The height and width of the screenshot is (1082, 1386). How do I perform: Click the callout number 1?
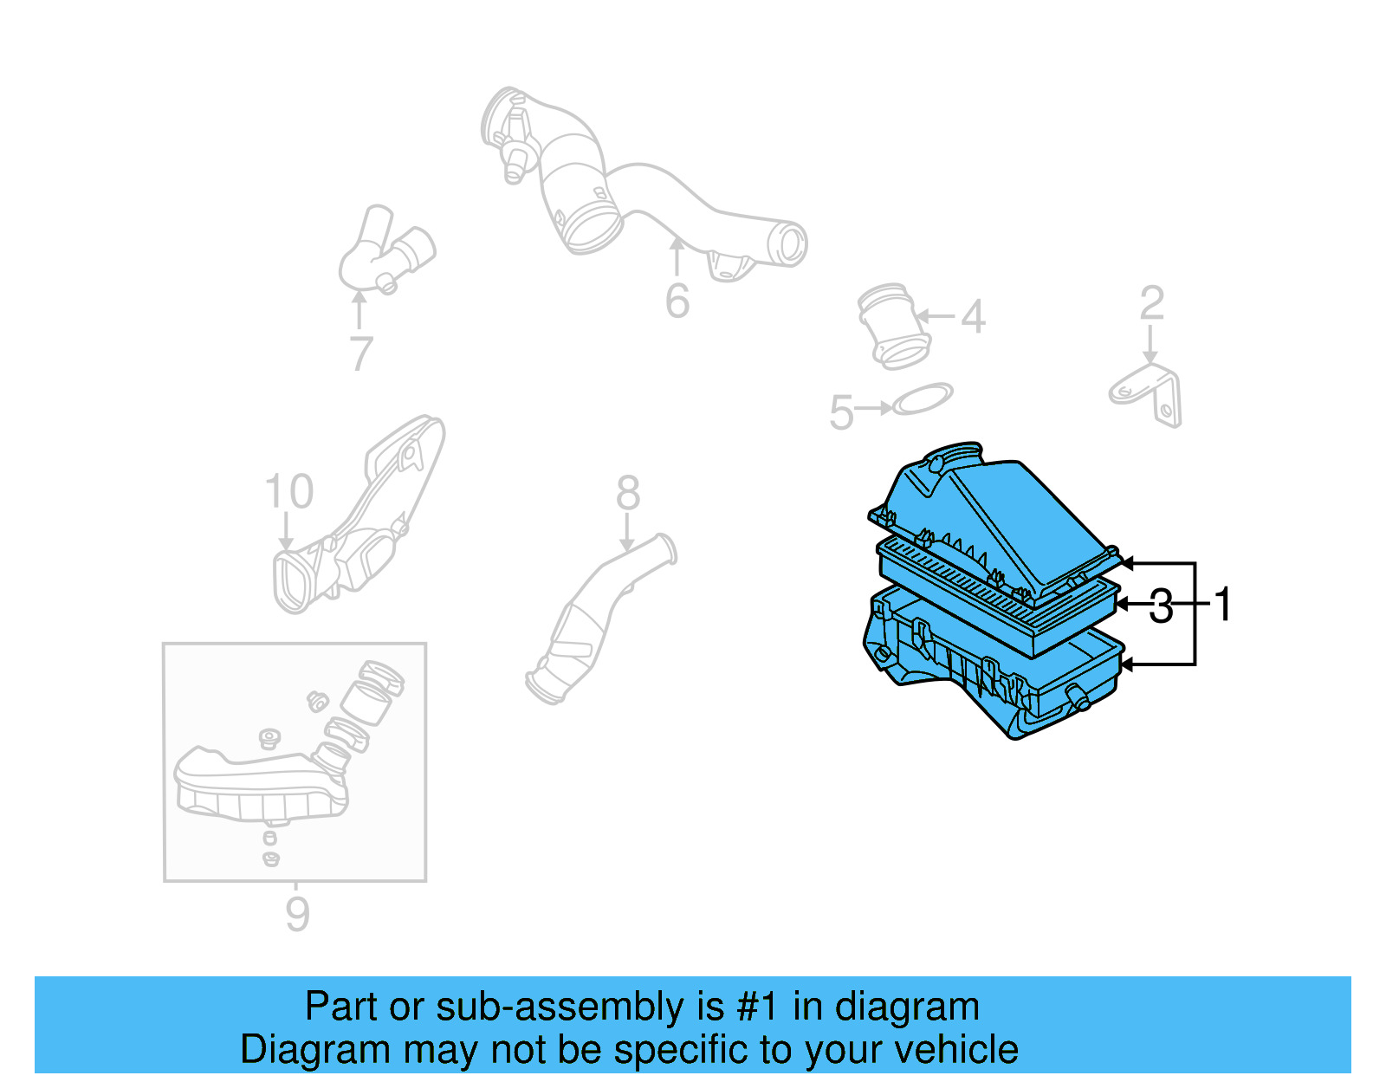1222,604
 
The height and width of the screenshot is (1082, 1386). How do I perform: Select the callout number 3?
1161,606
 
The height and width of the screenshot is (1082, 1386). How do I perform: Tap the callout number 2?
1151,304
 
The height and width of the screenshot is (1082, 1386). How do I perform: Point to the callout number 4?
973,317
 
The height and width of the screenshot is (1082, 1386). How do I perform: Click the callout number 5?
841,412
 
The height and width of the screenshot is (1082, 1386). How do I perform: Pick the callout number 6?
677,301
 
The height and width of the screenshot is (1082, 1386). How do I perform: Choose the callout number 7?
361,353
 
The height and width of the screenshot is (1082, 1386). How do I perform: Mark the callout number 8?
628,494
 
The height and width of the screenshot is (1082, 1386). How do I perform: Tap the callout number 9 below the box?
297,915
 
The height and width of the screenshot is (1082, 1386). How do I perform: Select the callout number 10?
288,492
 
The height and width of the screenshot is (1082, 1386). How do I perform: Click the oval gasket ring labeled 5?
923,399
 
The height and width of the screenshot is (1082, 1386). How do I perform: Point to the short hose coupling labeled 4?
894,327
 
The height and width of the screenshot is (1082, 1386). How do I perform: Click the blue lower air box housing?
996,684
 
